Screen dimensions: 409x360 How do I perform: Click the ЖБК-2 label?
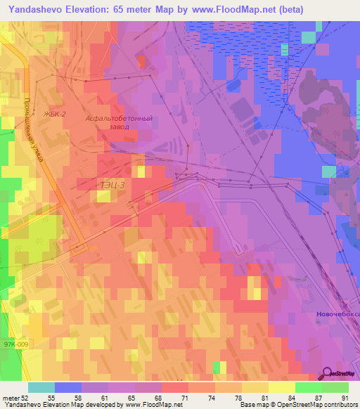[x=54, y=113]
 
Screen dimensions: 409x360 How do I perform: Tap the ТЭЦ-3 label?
[x=112, y=185]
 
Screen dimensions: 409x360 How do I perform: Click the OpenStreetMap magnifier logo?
[x=328, y=374]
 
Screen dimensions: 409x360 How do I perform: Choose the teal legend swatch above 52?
[x=41, y=387]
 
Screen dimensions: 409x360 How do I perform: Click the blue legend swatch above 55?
[x=68, y=387]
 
